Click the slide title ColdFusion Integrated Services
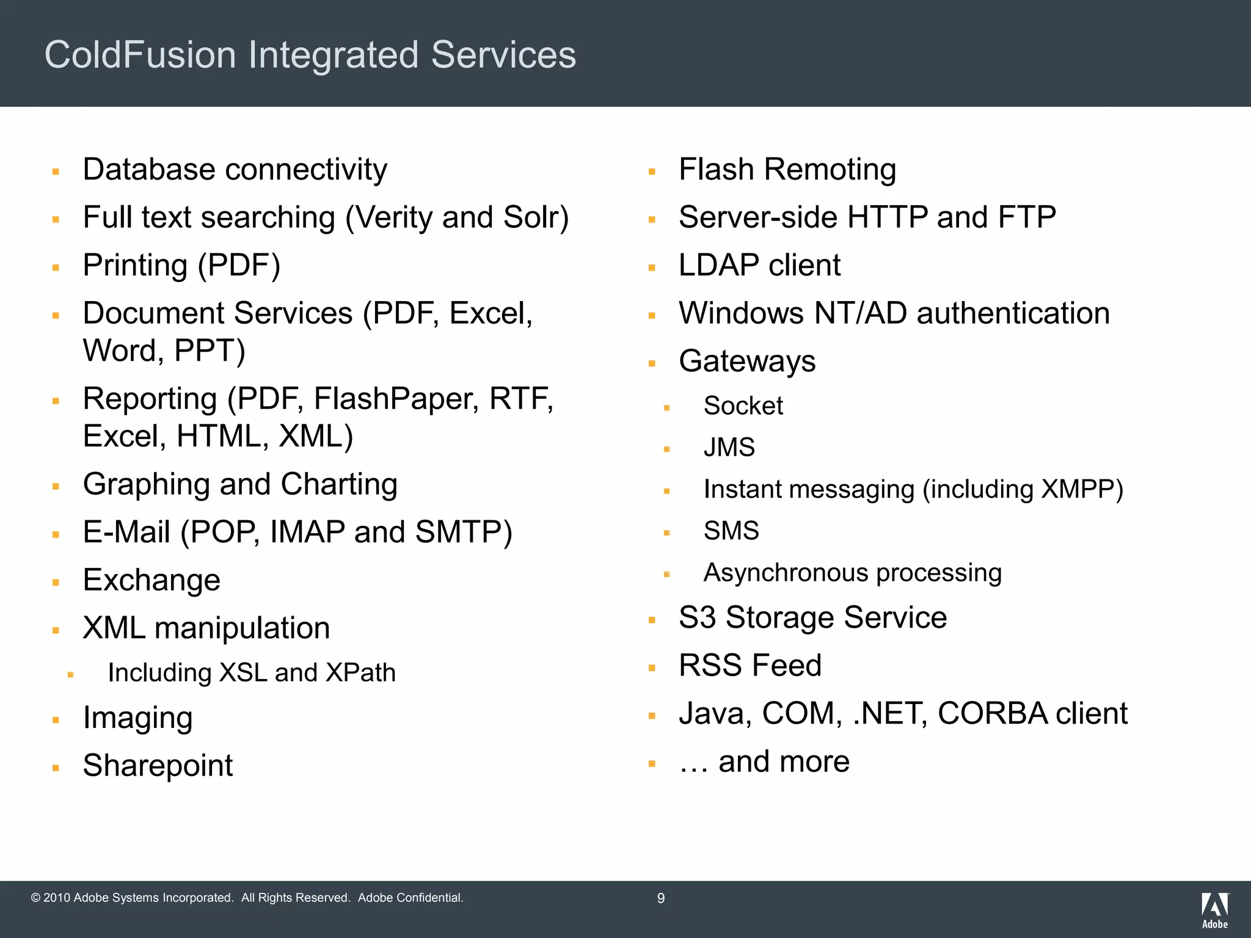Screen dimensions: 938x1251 (x=310, y=55)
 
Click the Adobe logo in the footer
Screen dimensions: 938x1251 (x=1214, y=910)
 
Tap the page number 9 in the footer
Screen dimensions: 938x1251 (x=660, y=898)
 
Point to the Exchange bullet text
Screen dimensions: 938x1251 (x=151, y=580)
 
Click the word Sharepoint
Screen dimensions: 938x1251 (x=158, y=766)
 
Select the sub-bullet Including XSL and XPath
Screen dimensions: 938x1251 (x=252, y=673)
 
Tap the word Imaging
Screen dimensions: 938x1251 (x=138, y=718)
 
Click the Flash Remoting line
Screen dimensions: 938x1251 (x=787, y=170)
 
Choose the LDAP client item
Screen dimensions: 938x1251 (x=759, y=266)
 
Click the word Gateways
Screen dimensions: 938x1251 (x=747, y=362)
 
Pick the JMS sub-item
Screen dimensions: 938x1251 (x=729, y=448)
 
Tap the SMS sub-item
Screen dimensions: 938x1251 (x=731, y=531)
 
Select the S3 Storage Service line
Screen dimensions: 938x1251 (x=812, y=617)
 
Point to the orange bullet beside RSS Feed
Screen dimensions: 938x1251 (x=652, y=668)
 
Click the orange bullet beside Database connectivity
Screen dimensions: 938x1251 (x=56, y=172)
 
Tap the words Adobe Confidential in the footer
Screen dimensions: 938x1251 (x=410, y=898)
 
